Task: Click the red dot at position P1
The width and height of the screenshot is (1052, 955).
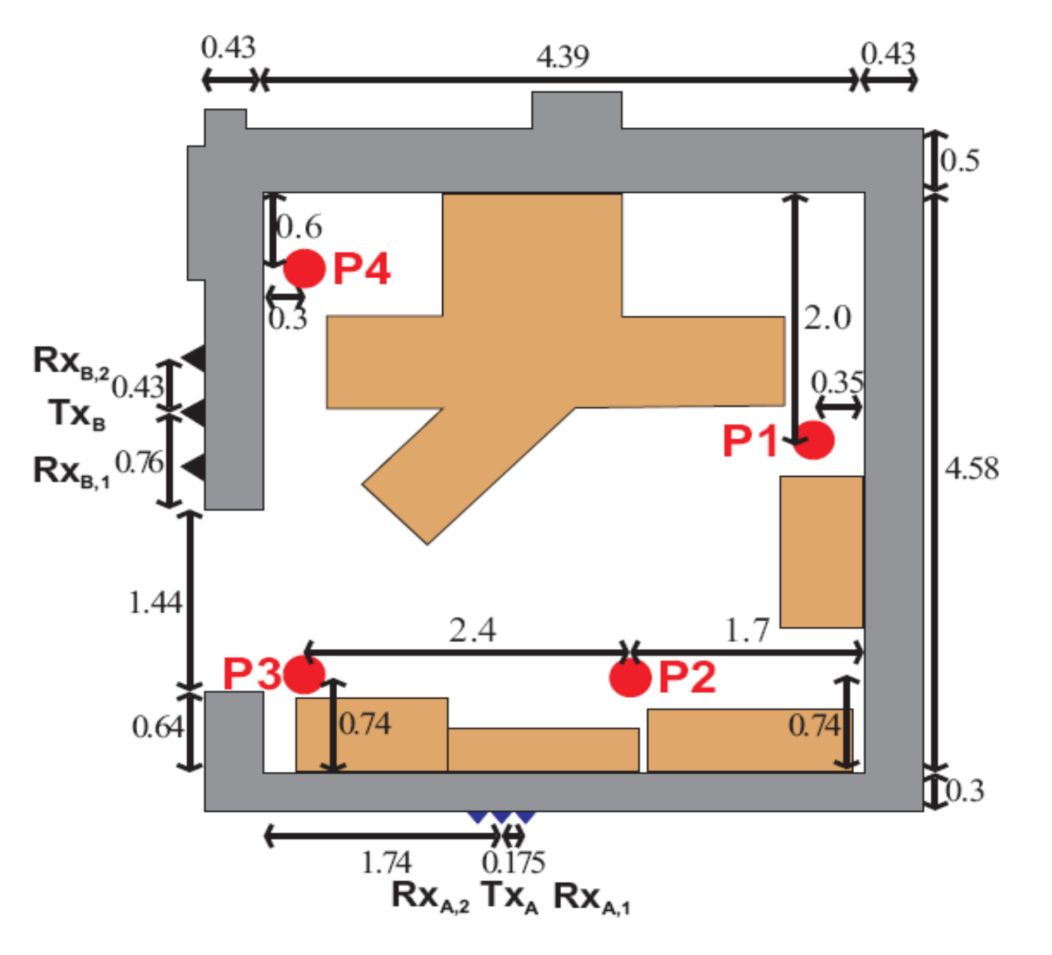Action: pos(814,440)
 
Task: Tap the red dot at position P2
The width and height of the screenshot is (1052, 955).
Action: pos(630,677)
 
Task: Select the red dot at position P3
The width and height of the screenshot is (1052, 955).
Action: pos(304,674)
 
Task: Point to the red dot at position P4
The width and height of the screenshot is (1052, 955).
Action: pos(304,268)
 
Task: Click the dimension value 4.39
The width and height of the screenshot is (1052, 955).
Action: pos(562,57)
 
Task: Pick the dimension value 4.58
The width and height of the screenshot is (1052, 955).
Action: pos(971,468)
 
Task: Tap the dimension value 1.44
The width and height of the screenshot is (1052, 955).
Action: pos(155,603)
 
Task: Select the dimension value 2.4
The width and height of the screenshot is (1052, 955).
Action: pos(472,631)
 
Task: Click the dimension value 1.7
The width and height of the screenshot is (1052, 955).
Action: pos(747,630)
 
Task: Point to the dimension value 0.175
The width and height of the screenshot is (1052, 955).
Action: pos(513,863)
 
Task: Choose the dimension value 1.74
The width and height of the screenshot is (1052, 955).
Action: pos(386,863)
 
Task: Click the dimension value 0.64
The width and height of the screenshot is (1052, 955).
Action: pos(157,727)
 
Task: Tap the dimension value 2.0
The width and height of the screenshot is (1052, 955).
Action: pos(827,318)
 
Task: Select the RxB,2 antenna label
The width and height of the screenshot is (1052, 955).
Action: pos(71,361)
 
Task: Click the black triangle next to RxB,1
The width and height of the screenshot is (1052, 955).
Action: pos(195,468)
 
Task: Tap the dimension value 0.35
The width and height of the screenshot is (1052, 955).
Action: pos(837,383)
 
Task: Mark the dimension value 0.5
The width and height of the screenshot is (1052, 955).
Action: pos(960,161)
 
